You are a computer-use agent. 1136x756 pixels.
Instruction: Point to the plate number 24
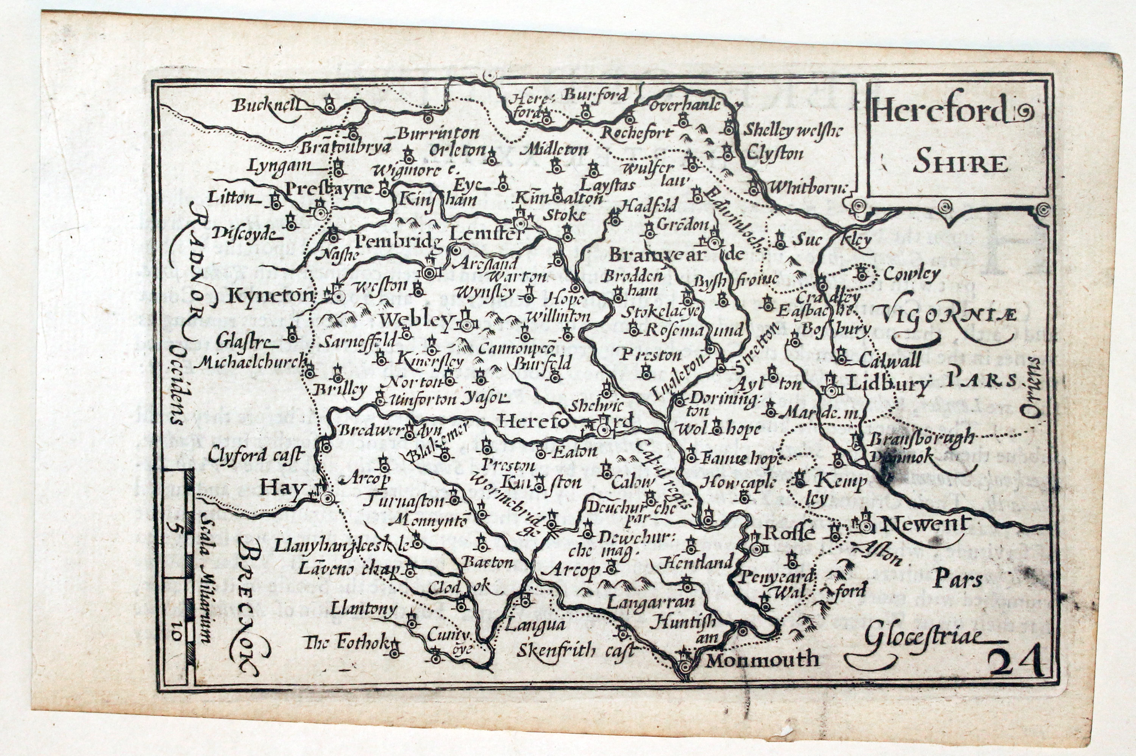[x=1016, y=663]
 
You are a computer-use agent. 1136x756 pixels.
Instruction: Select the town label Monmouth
[x=762, y=659]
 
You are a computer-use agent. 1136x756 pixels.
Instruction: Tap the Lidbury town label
[x=887, y=384]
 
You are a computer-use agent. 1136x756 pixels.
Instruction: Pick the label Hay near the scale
[x=282, y=488]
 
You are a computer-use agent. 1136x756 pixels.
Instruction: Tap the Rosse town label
[x=789, y=533]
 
